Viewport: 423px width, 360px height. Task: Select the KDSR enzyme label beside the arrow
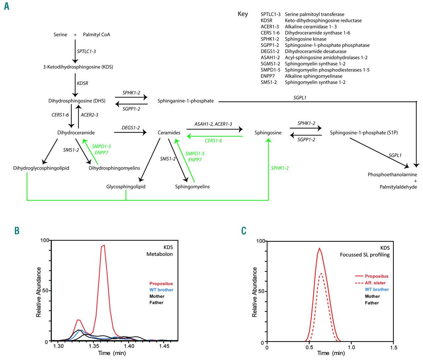pyautogui.click(x=83, y=83)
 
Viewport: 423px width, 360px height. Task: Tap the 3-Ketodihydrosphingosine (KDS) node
pyautogui.click(x=78, y=67)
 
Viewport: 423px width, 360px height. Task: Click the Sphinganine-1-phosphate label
pyautogui.click(x=185, y=101)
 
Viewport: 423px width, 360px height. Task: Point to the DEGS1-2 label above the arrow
pyautogui.click(x=131, y=128)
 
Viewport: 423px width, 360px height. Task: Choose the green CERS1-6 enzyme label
pyautogui.click(x=213, y=141)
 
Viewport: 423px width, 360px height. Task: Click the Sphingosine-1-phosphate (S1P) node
pyautogui.click(x=364, y=133)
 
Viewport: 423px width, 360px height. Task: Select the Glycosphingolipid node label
pyautogui.click(x=126, y=187)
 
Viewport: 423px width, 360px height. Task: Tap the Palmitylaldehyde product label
pyautogui.click(x=398, y=187)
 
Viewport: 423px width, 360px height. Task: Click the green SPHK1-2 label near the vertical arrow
pyautogui.click(x=280, y=168)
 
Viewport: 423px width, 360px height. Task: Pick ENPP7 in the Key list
pyautogui.click(x=267, y=76)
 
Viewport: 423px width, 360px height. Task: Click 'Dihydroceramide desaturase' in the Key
pyautogui.click(x=315, y=52)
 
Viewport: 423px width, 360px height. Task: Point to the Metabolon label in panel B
pyautogui.click(x=160, y=254)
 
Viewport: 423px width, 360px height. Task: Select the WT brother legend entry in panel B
pyautogui.click(x=161, y=290)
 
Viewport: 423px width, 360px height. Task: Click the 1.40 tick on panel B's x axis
pyautogui.click(x=129, y=346)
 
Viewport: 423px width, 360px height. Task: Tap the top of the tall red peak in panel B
pyautogui.click(x=104, y=245)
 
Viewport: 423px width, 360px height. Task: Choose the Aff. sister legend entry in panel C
pyautogui.click(x=375, y=283)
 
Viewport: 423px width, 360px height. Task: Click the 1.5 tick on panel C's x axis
pyautogui.click(x=393, y=347)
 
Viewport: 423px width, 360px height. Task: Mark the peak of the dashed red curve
pyautogui.click(x=321, y=273)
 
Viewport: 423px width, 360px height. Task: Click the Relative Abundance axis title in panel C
pyautogui.click(x=254, y=292)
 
